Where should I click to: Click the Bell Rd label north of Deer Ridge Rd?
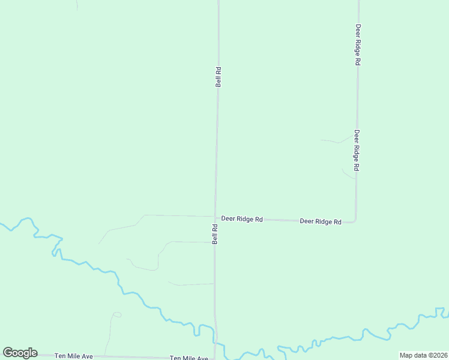218,77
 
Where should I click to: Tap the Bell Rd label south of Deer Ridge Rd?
214,234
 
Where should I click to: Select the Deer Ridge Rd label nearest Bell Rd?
242,219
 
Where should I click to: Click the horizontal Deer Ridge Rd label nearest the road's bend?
321,221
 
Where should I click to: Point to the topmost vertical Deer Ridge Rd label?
358,44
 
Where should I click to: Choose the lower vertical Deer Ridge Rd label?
357,151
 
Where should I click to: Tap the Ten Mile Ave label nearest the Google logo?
74,356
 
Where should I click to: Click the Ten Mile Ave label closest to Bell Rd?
188,358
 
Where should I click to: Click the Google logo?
20,353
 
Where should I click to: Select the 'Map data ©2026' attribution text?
423,355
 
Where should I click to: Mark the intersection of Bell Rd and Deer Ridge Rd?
215,217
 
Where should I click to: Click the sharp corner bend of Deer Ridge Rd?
355,221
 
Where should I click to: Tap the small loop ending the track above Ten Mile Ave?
116,314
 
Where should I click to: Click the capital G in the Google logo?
8,353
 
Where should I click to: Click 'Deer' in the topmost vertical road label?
358,30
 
